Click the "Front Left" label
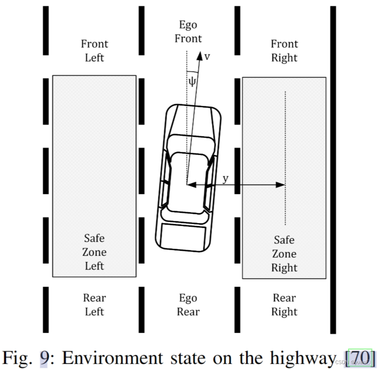[x=94, y=51]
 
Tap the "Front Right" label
[x=284, y=51]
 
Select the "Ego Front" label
[x=188, y=32]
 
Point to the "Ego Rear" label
[x=188, y=305]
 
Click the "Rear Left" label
[x=94, y=305]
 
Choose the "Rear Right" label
[x=284, y=305]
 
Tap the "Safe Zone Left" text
[x=94, y=252]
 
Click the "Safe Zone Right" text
[x=284, y=253]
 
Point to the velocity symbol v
[x=207, y=57]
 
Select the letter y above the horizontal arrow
[x=226, y=178]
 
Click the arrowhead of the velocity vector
[x=200, y=56]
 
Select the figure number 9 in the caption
[x=44, y=358]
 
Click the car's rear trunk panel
[x=182, y=236]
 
